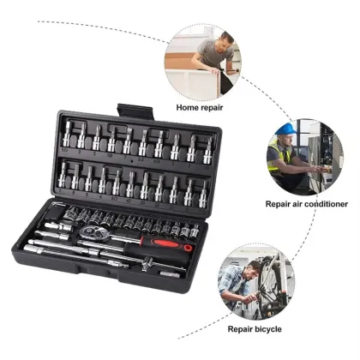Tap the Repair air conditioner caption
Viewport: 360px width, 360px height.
306,204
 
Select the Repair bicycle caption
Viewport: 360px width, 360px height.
254,328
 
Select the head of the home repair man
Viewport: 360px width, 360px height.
225,39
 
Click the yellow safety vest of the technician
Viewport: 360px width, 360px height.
284,156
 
